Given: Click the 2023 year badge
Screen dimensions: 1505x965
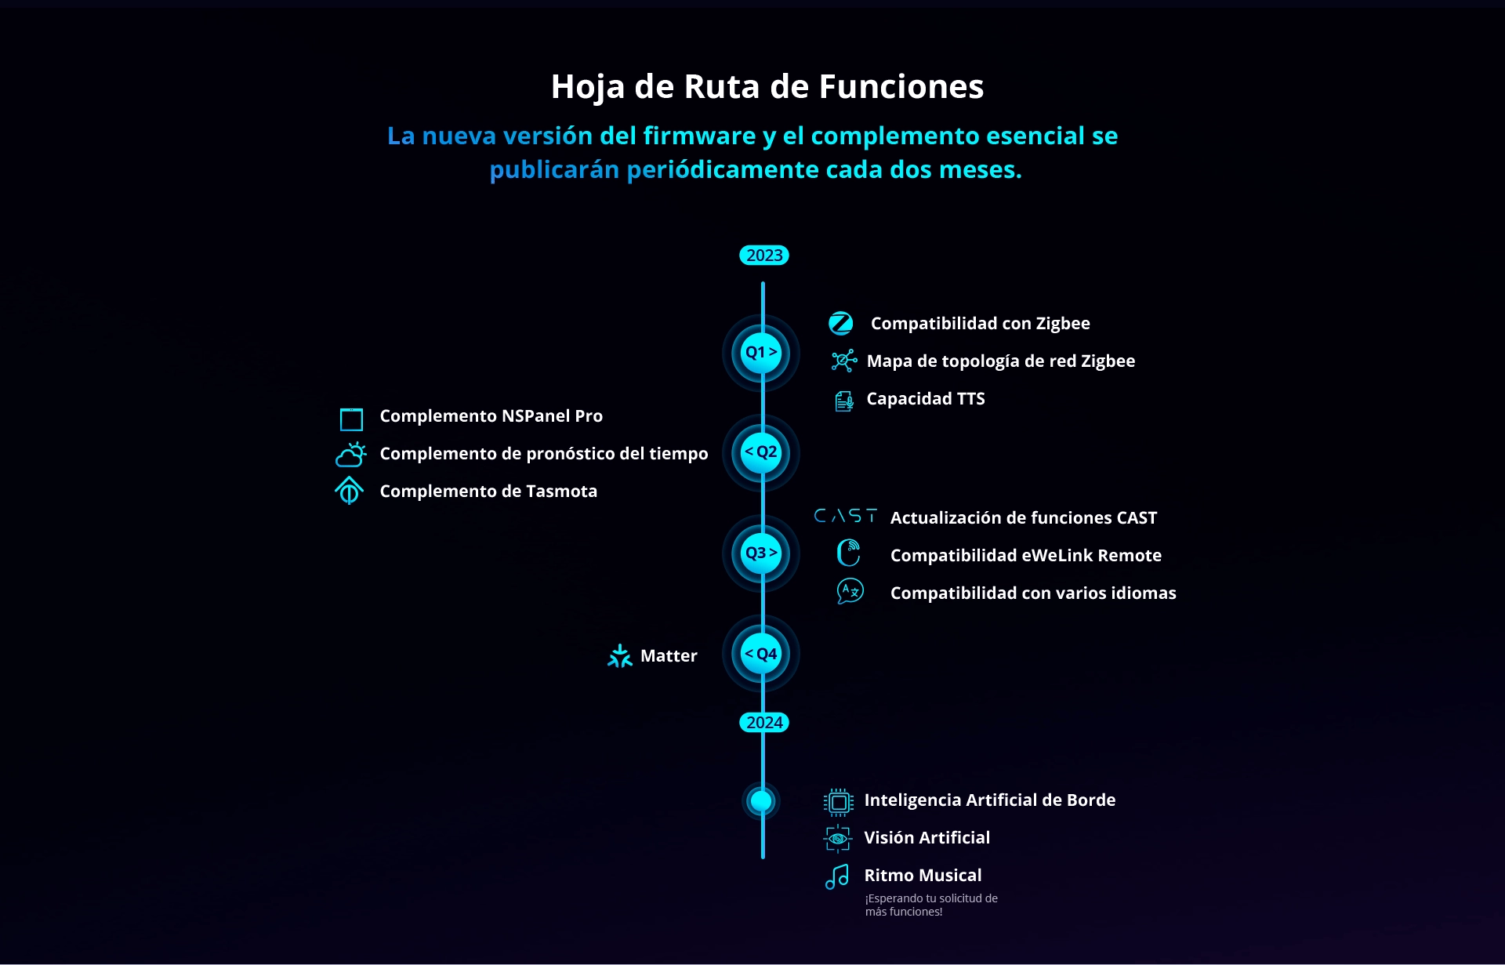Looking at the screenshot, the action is [x=763, y=256].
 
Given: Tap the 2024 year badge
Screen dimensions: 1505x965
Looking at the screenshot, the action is [x=763, y=723].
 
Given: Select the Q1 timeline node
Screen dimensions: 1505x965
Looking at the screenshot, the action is [x=761, y=353].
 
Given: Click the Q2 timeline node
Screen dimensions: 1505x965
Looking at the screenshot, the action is [x=761, y=453].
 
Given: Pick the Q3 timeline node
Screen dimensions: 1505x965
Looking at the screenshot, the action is [x=761, y=553].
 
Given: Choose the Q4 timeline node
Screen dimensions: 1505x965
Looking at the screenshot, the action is [x=761, y=654].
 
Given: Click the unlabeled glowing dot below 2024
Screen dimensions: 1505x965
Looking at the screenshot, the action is [x=761, y=801].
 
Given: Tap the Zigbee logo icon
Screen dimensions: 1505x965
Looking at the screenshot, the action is [x=841, y=323].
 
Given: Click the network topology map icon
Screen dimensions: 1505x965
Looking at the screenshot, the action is [x=844, y=361].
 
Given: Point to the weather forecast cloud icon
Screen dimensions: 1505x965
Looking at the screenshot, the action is [x=350, y=455].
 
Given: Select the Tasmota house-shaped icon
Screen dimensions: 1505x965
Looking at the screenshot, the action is [x=350, y=491].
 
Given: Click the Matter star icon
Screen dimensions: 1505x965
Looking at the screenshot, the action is [x=619, y=656].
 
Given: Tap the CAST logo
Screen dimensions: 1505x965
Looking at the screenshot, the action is [x=846, y=516].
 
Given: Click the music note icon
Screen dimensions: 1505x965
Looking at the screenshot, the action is [x=837, y=876].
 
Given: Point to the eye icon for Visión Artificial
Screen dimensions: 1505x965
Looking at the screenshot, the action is [x=838, y=839].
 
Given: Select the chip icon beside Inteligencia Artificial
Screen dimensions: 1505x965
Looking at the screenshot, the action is [x=839, y=802].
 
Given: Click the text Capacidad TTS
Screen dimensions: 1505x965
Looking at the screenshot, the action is [x=926, y=399].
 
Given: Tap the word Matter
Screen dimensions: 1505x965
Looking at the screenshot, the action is [x=669, y=656].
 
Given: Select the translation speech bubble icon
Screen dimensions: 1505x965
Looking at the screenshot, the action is [x=850, y=591].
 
